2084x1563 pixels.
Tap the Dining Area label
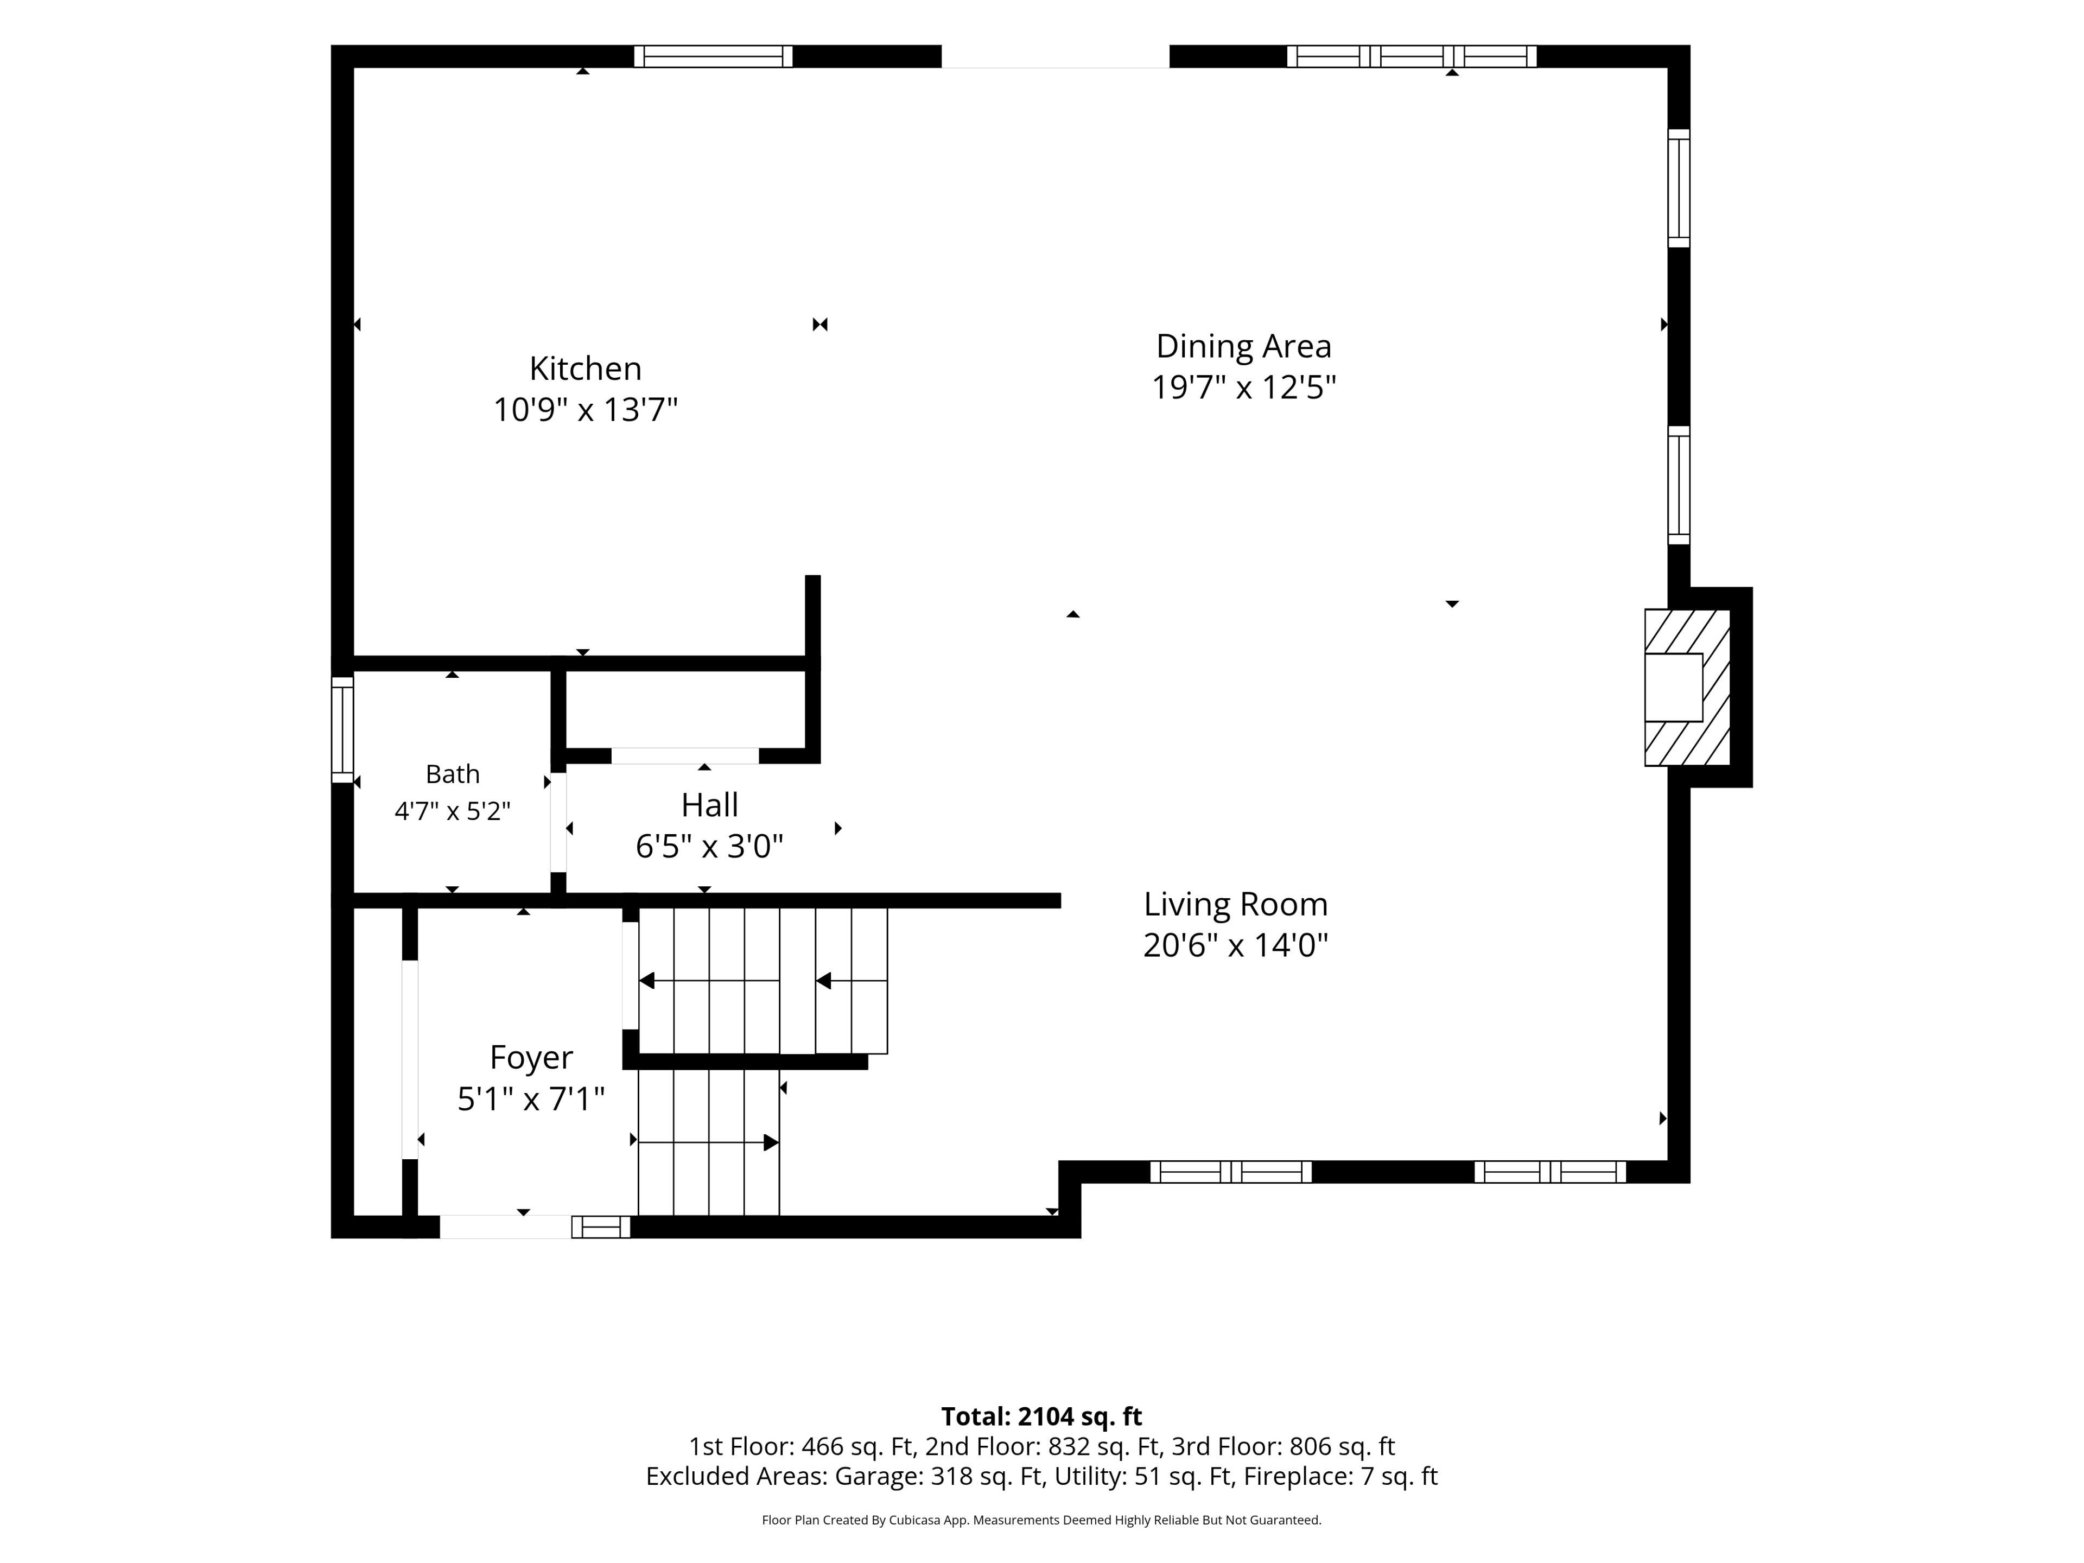tap(1244, 347)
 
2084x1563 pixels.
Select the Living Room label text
tap(1235, 905)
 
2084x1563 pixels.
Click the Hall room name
tap(709, 805)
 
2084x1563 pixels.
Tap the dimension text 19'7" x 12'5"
tap(1244, 387)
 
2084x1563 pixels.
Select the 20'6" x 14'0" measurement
tap(1235, 945)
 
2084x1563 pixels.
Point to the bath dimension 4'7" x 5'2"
tap(452, 811)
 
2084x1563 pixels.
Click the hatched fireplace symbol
tap(1686, 687)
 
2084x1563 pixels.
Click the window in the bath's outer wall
tap(342, 729)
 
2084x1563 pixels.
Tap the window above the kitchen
tap(713, 56)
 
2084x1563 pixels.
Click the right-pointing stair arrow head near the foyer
tap(771, 1143)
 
